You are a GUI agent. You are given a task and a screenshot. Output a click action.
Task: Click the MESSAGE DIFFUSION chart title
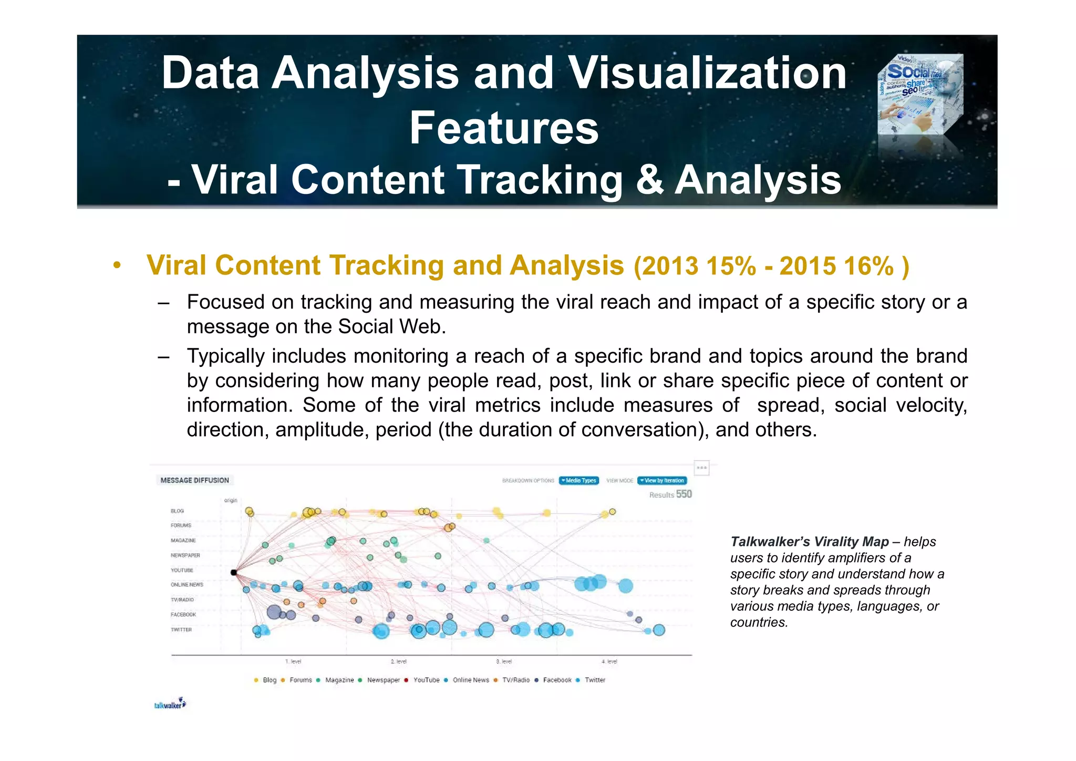point(194,480)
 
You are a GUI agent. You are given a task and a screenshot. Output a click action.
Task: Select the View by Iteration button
point(662,480)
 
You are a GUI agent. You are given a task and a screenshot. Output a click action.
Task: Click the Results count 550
point(684,494)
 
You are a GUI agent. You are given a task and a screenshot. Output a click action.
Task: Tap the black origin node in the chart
point(234,572)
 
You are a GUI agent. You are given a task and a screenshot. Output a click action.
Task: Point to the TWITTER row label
point(181,630)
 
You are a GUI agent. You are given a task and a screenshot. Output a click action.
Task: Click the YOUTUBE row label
point(182,570)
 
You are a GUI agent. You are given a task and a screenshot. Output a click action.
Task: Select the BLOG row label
point(177,511)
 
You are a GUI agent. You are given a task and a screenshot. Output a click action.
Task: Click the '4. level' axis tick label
point(609,662)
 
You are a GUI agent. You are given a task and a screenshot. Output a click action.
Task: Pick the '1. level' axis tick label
point(293,662)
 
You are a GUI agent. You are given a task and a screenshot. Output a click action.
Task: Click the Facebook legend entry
point(556,680)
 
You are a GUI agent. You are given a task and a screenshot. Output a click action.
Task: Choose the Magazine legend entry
point(339,680)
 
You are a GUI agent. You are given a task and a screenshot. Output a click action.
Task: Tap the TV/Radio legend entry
point(515,680)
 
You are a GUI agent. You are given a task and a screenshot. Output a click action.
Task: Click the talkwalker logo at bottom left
point(170,704)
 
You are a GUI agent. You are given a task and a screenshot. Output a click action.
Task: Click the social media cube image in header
point(920,95)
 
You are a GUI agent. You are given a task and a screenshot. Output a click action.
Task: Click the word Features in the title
point(504,128)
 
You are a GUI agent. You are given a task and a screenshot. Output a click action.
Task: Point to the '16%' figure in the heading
point(869,266)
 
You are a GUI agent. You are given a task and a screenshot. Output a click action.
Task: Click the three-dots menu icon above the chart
point(701,468)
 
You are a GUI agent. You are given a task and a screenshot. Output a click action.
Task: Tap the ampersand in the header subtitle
point(649,180)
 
